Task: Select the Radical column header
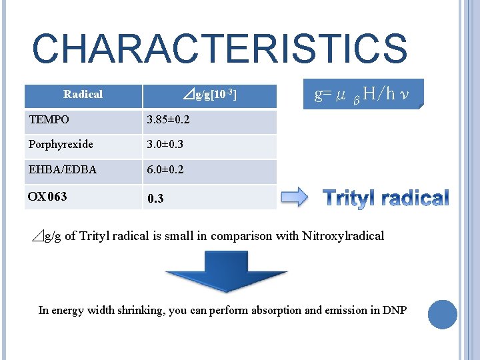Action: pyautogui.click(x=83, y=95)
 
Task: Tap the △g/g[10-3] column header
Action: pyautogui.click(x=209, y=96)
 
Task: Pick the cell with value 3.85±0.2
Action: pyautogui.click(x=168, y=121)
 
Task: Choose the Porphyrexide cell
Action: pyautogui.click(x=61, y=145)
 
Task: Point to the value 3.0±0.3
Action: pyautogui.click(x=165, y=145)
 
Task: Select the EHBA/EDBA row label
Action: pyautogui.click(x=62, y=169)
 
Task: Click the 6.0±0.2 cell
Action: pyautogui.click(x=165, y=170)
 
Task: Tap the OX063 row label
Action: pyautogui.click(x=47, y=196)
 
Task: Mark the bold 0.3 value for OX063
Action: pyautogui.click(x=155, y=198)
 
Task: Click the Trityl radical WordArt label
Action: pyautogui.click(x=386, y=198)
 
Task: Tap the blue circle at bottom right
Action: pyautogui.click(x=442, y=315)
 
